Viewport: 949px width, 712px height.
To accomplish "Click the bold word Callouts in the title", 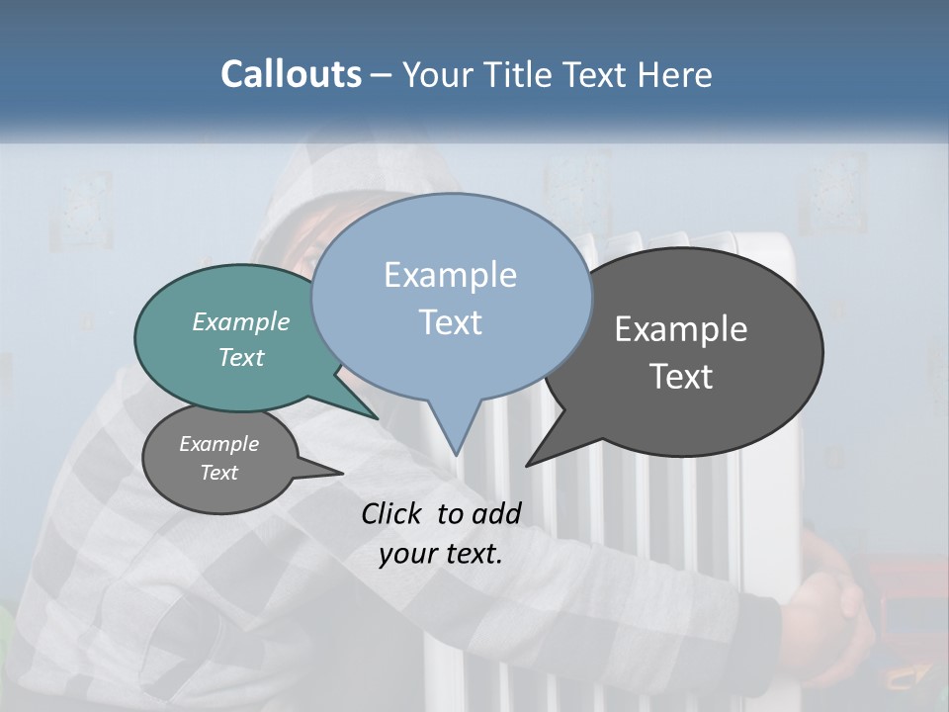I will [291, 74].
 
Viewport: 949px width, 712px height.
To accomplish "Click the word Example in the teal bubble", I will [241, 321].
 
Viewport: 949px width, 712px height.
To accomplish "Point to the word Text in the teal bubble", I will [241, 357].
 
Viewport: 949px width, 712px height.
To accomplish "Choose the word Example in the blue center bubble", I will [450, 275].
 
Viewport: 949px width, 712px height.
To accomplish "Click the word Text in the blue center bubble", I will [450, 321].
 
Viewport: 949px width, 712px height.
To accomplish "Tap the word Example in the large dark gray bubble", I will [681, 329].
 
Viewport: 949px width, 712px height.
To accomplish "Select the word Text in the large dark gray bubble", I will [681, 376].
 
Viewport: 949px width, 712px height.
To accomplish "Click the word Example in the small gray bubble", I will [218, 444].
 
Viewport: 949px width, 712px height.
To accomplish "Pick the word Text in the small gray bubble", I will [218, 473].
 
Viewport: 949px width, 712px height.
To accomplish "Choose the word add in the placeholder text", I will [496, 513].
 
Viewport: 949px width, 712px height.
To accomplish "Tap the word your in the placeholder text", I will [406, 553].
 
